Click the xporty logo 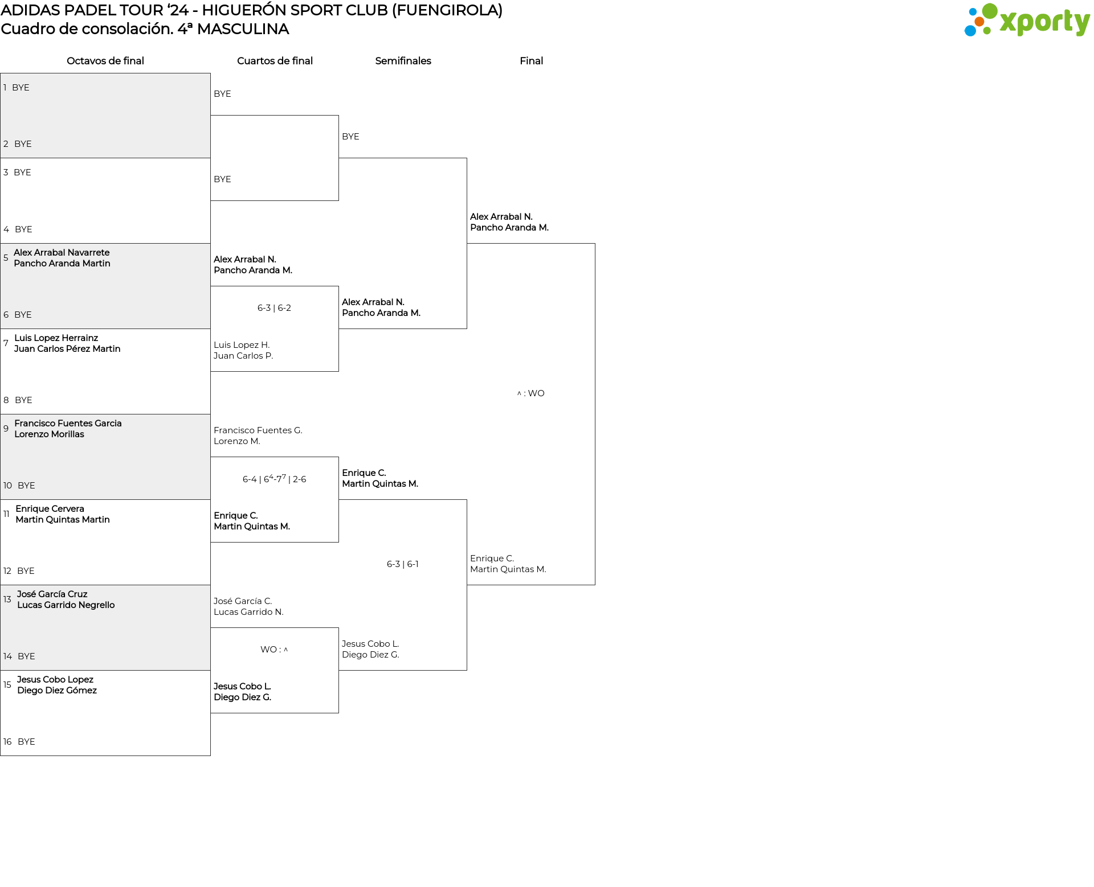coord(1027,20)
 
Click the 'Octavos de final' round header coord(105,61)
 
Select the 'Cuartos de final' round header coord(275,61)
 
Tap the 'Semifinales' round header coord(403,61)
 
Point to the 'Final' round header coord(531,61)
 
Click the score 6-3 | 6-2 coord(274,308)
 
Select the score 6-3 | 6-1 coord(403,564)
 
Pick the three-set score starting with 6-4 coord(274,479)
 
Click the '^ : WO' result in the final coord(530,393)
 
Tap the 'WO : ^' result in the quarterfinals coord(274,650)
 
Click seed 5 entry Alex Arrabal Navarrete coord(62,253)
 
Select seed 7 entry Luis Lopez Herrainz coord(56,338)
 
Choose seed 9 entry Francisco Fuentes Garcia coord(68,424)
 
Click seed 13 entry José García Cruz coord(52,594)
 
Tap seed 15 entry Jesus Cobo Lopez coord(55,680)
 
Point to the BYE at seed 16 coord(26,742)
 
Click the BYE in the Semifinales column coord(350,137)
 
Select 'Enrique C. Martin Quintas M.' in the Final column coord(508,564)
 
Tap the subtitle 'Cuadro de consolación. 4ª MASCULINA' coord(145,29)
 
